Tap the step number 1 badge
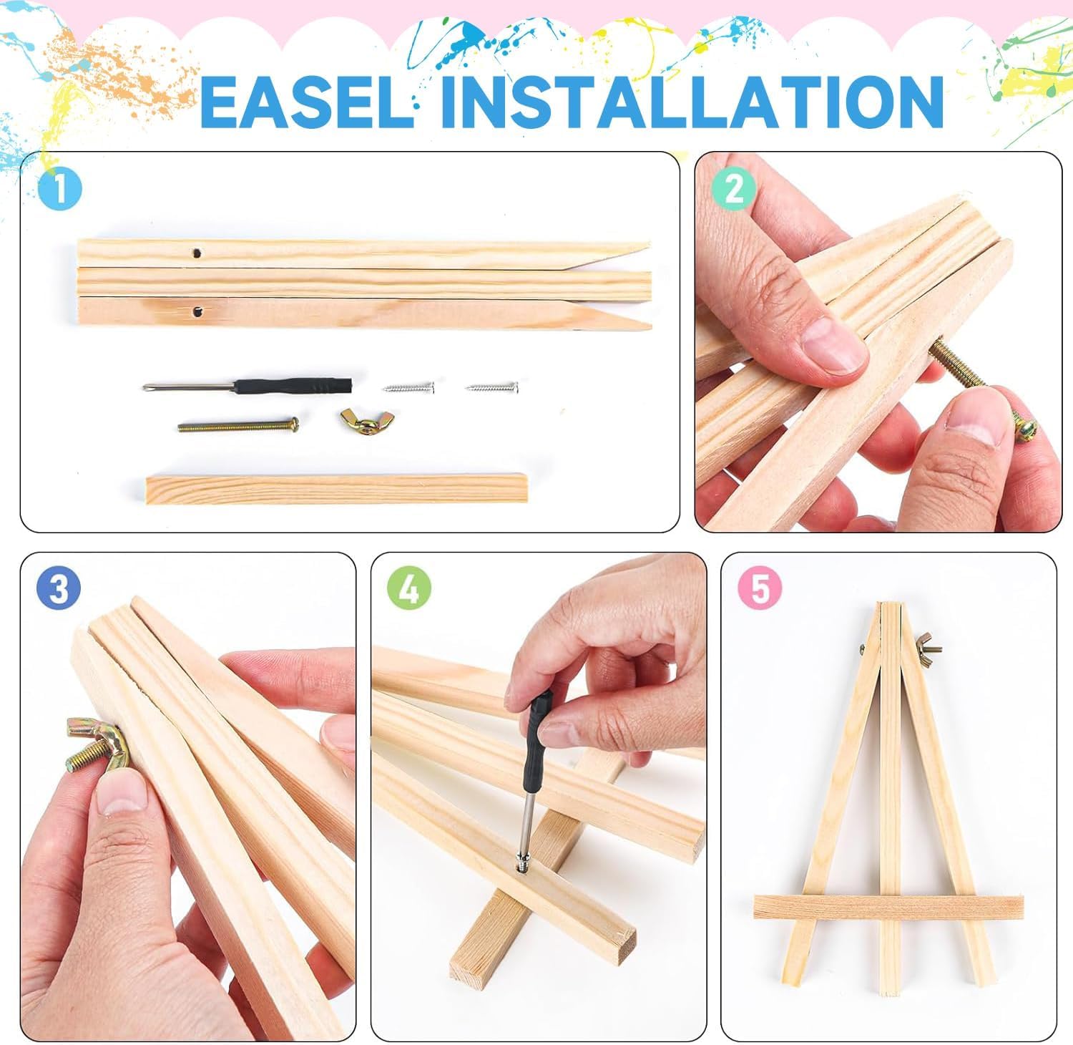(59, 190)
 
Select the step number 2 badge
(734, 189)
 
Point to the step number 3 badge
(59, 589)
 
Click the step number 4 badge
(410, 589)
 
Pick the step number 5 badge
(760, 589)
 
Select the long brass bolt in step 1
(238, 425)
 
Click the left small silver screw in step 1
(408, 387)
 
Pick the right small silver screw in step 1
(491, 387)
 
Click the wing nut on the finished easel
(929, 645)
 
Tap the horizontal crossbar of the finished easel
(888, 907)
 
